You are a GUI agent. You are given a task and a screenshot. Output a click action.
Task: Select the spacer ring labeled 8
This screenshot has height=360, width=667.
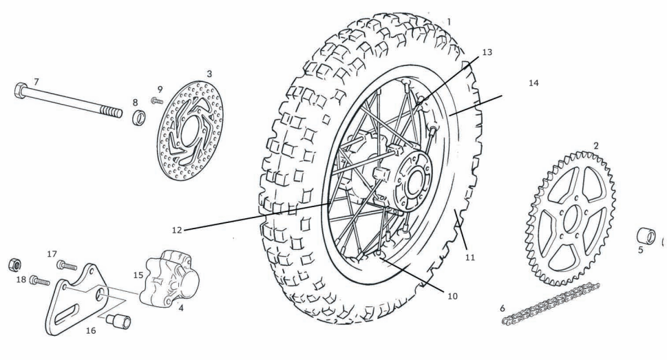(138, 114)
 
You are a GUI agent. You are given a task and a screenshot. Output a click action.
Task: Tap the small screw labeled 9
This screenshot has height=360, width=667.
(156, 101)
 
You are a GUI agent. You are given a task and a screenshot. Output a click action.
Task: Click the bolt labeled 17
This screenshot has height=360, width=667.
(67, 264)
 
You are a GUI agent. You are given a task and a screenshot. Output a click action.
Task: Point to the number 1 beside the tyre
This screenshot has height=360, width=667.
(449, 21)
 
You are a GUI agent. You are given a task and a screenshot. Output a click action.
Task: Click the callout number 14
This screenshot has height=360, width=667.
(533, 83)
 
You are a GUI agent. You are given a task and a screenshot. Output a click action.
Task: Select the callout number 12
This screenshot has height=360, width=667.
(178, 229)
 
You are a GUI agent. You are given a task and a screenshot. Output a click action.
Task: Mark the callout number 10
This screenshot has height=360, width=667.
(452, 297)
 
